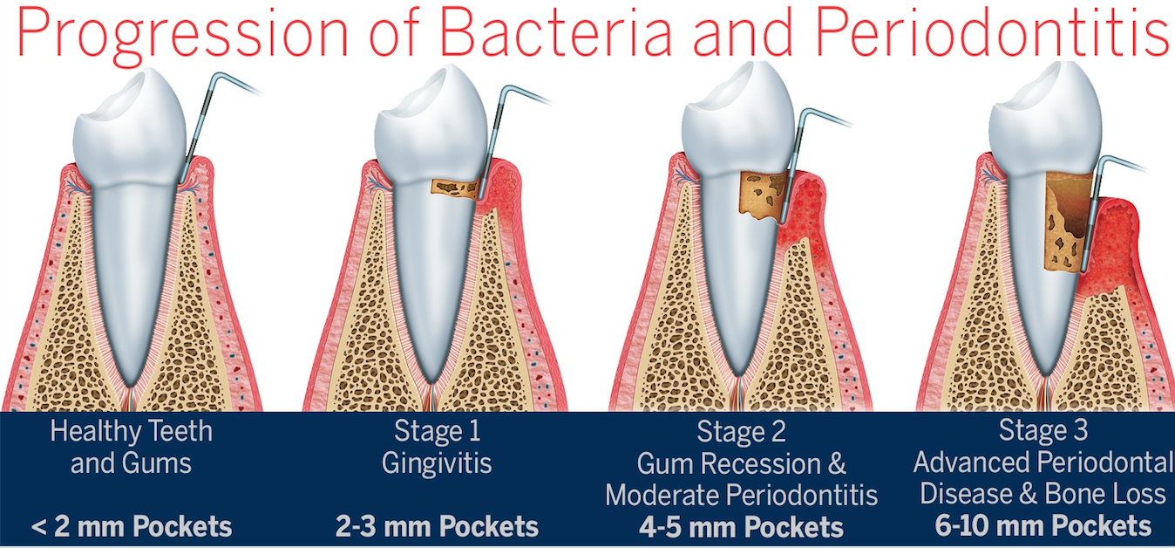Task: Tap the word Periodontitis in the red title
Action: [993, 32]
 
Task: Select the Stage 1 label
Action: [437, 431]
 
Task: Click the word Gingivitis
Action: [437, 464]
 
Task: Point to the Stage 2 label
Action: [741, 432]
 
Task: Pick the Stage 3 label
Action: [1043, 430]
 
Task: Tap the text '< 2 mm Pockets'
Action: [132, 526]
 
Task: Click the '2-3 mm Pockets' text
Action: [437, 526]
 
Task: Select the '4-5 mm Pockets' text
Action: [741, 527]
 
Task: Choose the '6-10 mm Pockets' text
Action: [1043, 526]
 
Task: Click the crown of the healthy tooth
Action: [130, 128]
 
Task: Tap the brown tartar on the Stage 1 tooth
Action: [455, 188]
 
